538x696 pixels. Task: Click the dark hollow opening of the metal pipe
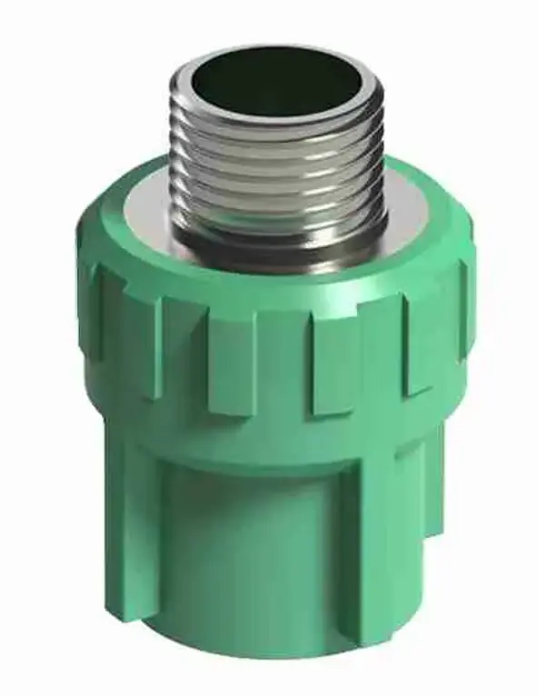click(273, 86)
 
